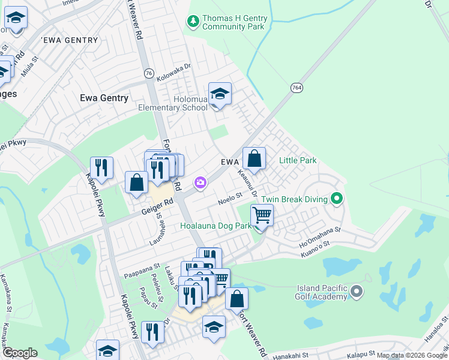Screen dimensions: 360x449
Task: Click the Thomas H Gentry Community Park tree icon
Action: [x=193, y=22]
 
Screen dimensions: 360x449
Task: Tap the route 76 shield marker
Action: [x=148, y=73]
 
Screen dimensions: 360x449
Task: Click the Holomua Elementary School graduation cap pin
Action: [x=220, y=95]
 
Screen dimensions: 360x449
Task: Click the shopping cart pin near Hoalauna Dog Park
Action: [x=262, y=214]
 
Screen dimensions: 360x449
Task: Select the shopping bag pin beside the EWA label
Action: [x=255, y=159]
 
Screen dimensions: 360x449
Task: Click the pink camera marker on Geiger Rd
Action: [x=200, y=182]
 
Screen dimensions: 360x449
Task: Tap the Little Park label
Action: [x=298, y=160]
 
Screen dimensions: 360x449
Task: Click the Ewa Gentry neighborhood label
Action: [x=104, y=98]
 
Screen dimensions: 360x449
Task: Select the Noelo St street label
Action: [x=229, y=196]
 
